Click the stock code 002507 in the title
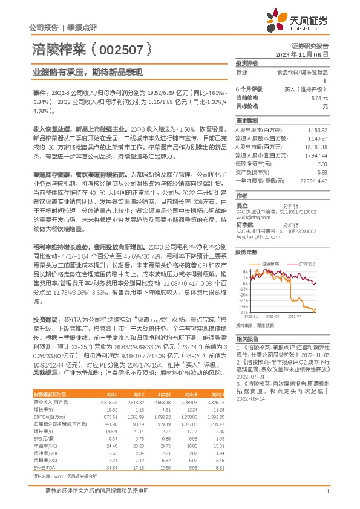121,48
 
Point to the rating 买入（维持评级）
302,88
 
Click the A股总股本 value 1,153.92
317,130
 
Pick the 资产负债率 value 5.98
322,172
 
